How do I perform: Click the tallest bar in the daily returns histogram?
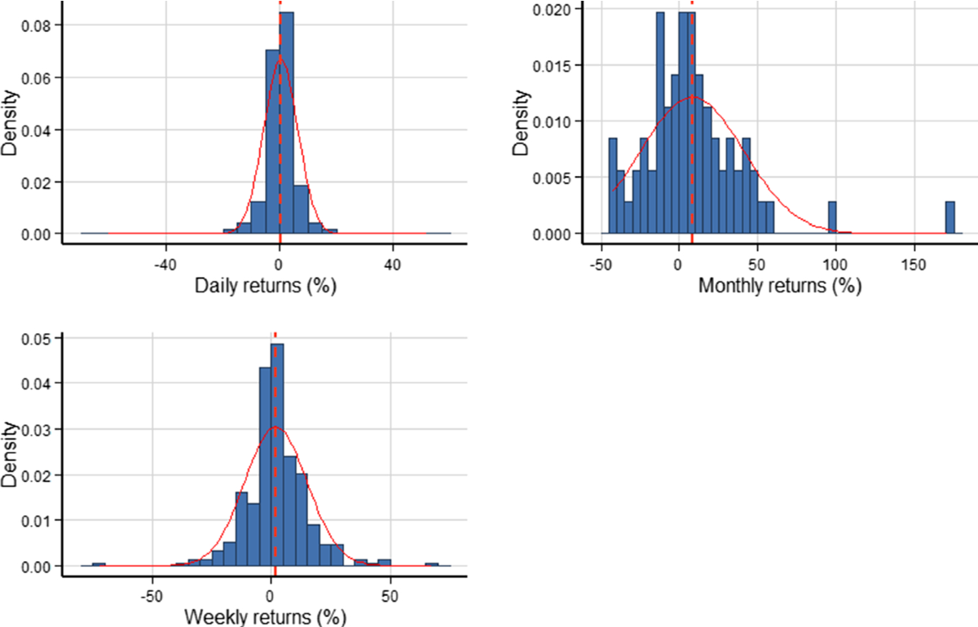[x=287, y=122]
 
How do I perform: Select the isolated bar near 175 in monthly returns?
[x=949, y=218]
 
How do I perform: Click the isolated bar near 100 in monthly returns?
[x=832, y=218]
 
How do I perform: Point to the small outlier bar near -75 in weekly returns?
[x=99, y=564]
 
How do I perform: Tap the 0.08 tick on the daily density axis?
[x=38, y=25]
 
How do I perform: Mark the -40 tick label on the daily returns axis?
[x=165, y=264]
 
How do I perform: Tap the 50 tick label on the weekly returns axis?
[x=390, y=594]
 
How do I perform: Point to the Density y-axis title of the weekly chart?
[x=10, y=454]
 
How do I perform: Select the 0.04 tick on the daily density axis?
[x=38, y=129]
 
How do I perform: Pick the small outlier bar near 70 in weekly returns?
[x=432, y=564]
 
